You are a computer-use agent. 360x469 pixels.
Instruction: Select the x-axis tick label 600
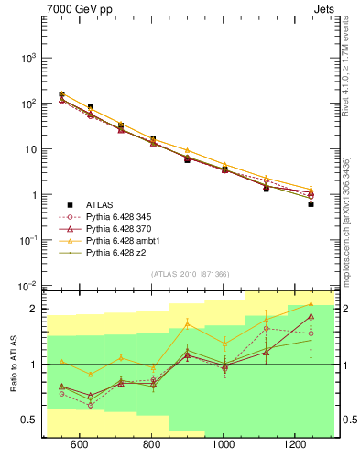80,445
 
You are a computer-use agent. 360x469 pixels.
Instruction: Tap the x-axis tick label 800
152,445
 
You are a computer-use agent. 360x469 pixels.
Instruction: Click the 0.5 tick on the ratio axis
29,420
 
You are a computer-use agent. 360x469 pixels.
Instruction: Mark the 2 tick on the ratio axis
34,309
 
